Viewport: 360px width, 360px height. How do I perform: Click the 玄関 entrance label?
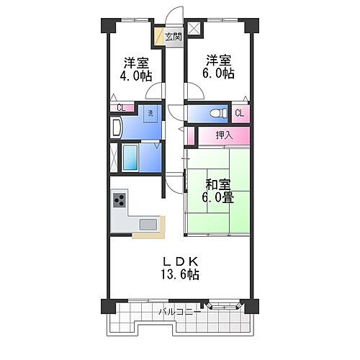coord(173,37)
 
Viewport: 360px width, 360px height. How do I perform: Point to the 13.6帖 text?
coord(180,274)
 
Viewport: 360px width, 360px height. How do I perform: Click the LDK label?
coord(179,261)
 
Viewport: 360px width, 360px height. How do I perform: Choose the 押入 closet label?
coord(225,135)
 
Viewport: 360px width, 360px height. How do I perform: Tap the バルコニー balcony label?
coord(180,312)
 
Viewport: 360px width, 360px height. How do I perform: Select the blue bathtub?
coord(132,156)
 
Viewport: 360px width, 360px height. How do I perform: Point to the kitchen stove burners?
coord(119,201)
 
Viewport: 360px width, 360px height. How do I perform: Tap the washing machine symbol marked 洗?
coord(150,112)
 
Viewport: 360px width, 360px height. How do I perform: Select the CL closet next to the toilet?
coord(239,113)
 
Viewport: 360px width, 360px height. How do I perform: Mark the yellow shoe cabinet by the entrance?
coord(157,36)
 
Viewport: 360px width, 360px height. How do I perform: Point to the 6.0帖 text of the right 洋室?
coord(219,73)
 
